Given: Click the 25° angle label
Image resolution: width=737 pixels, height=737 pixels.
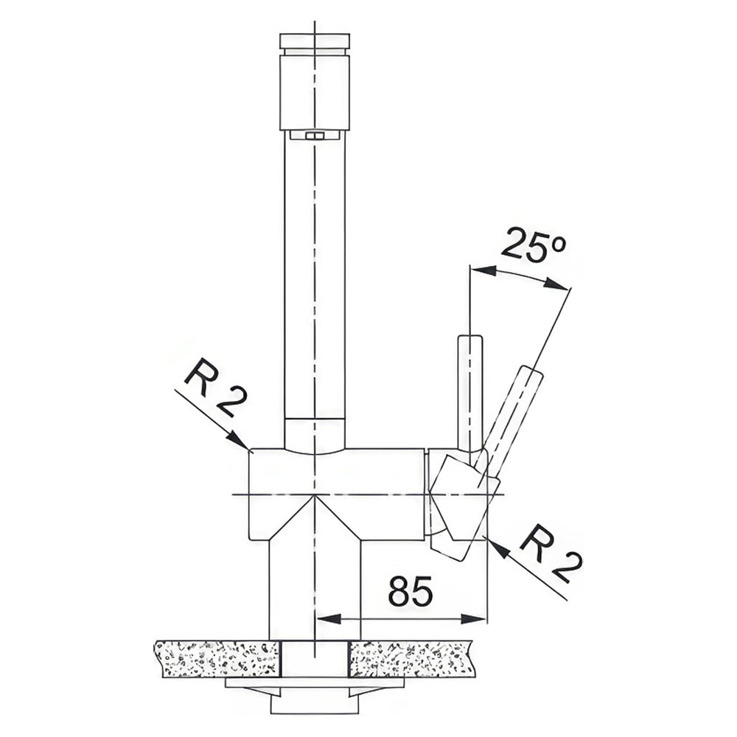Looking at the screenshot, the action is (x=534, y=245).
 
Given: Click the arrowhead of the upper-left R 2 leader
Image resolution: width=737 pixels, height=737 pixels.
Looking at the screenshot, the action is (x=239, y=440).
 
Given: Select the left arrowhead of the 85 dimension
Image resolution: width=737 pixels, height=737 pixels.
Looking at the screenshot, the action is (x=328, y=618).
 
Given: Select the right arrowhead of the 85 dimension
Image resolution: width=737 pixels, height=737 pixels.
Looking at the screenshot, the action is (x=473, y=618).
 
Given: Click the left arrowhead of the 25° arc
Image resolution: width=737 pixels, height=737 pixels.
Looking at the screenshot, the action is (x=483, y=270).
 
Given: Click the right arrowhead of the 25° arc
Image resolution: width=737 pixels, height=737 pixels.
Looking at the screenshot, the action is (x=556, y=284).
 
